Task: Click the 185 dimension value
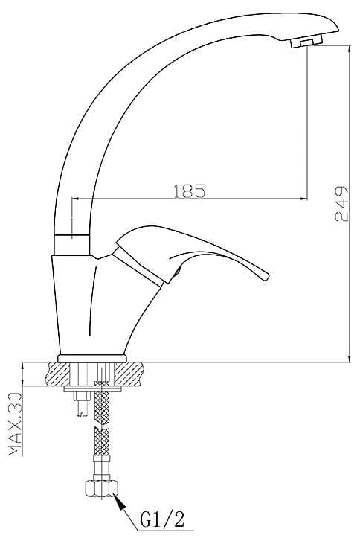pyautogui.click(x=189, y=191)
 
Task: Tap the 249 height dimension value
pyautogui.click(x=341, y=204)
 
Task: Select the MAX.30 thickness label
pyautogui.click(x=15, y=424)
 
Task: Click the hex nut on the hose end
pyautogui.click(x=101, y=487)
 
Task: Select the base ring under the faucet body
pyautogui.click(x=91, y=358)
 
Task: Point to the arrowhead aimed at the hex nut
pyautogui.click(x=120, y=502)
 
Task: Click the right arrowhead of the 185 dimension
pyautogui.click(x=304, y=199)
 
